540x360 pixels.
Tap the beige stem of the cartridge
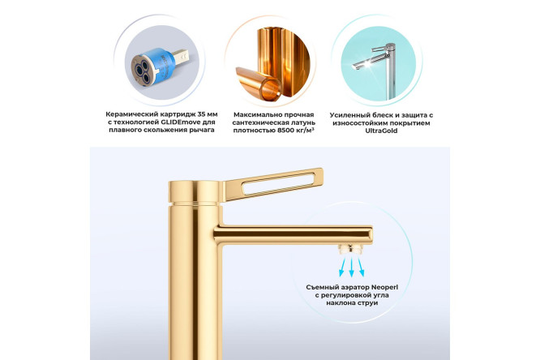[x=181, y=57]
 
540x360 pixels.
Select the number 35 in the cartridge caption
[x=198, y=114]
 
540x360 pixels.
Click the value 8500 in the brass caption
[x=285, y=131]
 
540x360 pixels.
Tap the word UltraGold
[x=381, y=131]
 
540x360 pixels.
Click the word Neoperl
[x=384, y=287]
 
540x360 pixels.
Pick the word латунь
[x=304, y=122]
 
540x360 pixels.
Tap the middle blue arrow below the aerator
[x=351, y=268]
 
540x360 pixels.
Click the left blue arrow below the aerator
[x=342, y=268]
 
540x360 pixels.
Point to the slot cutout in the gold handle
[x=278, y=182]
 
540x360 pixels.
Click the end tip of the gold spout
[x=371, y=235]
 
